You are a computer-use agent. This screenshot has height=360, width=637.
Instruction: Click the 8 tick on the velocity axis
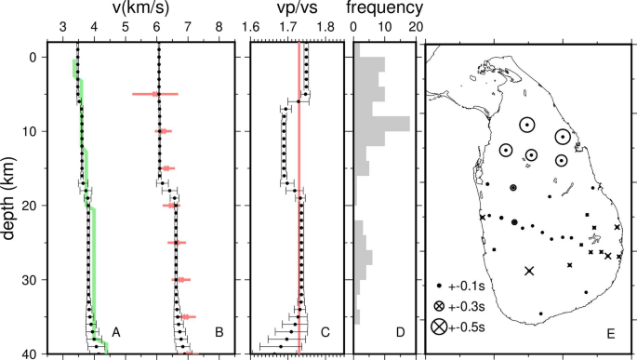click(219, 28)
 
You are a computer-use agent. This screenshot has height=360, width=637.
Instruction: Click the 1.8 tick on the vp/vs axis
click(325, 28)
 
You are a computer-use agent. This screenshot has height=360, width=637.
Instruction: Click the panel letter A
click(115, 331)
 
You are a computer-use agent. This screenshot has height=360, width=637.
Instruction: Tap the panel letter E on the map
click(610, 332)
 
